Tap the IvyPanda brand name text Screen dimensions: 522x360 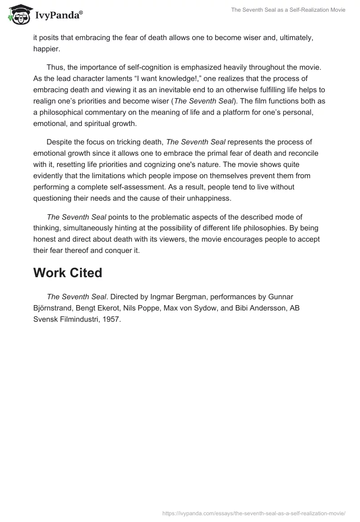point(58,15)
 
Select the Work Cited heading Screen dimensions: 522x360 point(67,273)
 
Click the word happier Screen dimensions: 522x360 point(46,49)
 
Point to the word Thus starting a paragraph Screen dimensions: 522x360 point(55,67)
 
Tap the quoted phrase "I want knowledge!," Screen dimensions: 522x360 point(150,78)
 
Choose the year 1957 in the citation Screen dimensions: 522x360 point(112,319)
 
